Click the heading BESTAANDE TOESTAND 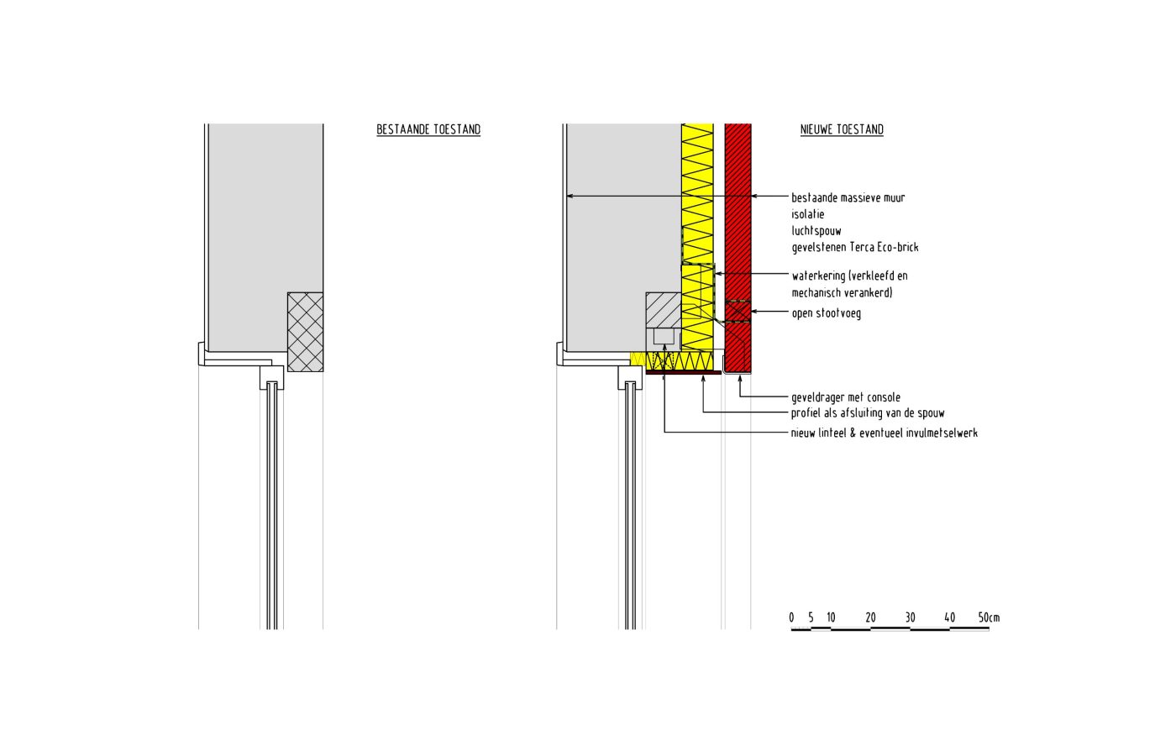coord(428,129)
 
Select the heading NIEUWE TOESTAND coord(842,129)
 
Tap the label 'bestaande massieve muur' coord(848,197)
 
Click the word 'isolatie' coord(808,214)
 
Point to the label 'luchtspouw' coord(816,230)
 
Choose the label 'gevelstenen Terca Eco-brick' coord(854,247)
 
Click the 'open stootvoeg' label coord(826,313)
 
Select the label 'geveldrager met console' coord(846,397)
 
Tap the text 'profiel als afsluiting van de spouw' coord(868,413)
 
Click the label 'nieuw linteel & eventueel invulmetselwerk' coord(884,433)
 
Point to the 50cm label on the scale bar coord(989,618)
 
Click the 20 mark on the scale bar coord(870,618)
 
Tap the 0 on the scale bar coord(791,618)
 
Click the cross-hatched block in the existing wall coord(305,332)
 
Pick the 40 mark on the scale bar coord(949,618)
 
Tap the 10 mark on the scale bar coord(831,618)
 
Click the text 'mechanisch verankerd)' coord(842,292)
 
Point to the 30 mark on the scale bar coord(910,618)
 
